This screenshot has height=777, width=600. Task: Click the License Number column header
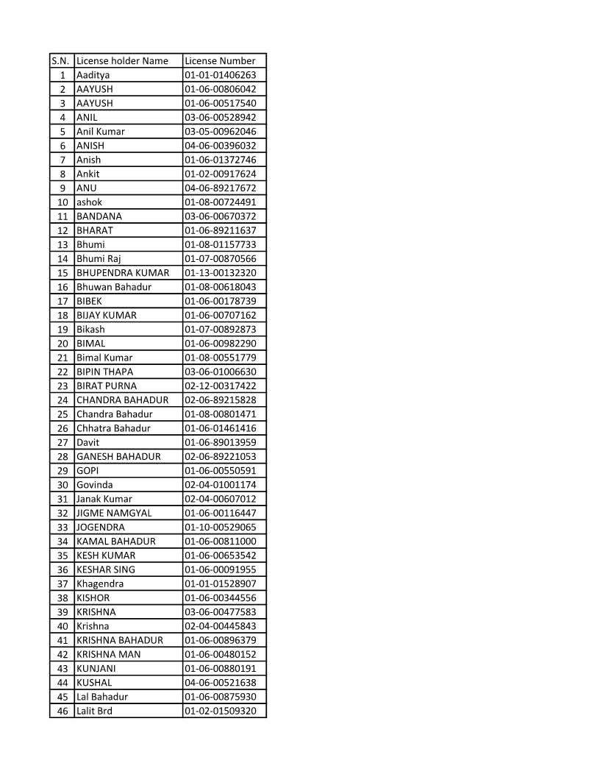pos(220,61)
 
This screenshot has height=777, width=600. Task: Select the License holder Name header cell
pos(122,61)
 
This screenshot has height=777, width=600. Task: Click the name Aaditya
pos(93,75)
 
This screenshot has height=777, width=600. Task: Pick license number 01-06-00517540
pos(221,103)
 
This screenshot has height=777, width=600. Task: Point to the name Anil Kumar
pos(101,132)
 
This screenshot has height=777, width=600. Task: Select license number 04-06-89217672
pos(221,188)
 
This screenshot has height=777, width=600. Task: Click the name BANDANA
pos(99,216)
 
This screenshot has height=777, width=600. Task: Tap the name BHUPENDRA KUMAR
pos(123,273)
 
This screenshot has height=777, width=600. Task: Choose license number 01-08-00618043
pos(221,287)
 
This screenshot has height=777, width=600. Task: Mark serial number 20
pos(63,344)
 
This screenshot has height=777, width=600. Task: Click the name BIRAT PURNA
pos(107,386)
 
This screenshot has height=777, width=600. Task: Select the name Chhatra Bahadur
pos(113,428)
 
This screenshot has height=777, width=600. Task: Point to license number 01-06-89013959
pos(221,442)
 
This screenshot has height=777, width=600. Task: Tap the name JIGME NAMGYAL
pos(114,513)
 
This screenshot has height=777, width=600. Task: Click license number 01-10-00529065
pos(221,527)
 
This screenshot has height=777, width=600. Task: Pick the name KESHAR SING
pos(106,570)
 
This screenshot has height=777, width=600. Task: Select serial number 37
pos(63,583)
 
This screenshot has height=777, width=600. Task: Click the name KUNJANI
pos(96,669)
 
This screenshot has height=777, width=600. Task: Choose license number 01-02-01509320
pos(221,711)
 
